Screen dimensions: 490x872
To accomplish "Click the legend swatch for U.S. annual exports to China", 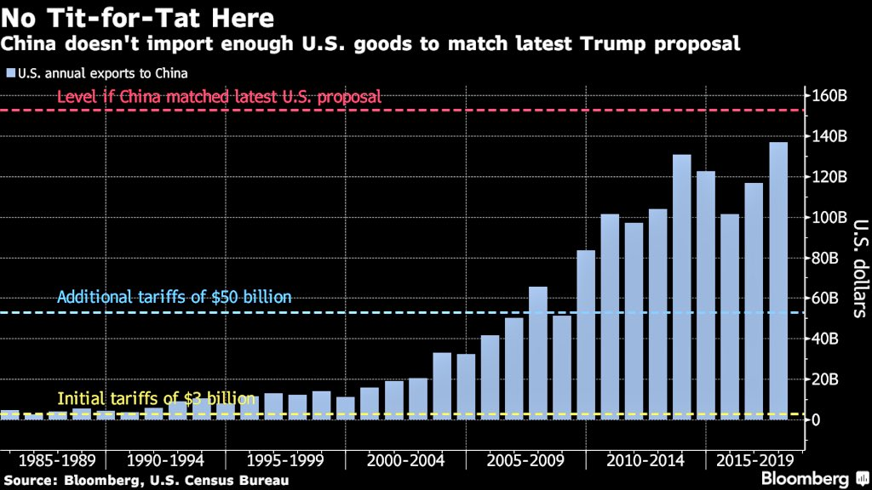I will coord(9,73).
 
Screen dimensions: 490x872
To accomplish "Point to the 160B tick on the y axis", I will coord(829,95).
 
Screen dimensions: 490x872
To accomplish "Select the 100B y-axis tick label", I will coord(829,217).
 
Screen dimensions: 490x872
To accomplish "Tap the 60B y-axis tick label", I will coord(825,298).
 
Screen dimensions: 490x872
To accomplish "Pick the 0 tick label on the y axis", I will coord(815,419).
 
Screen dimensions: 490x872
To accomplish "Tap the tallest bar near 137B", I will coord(777,280).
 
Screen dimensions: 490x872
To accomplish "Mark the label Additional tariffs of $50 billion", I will coord(175,297).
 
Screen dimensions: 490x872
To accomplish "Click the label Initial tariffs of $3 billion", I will coord(156,398).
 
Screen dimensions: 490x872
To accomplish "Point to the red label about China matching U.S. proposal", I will coord(219,97).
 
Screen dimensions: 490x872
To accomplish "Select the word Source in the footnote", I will coord(26,481).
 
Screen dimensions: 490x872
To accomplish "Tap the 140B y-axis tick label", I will coord(829,136).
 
